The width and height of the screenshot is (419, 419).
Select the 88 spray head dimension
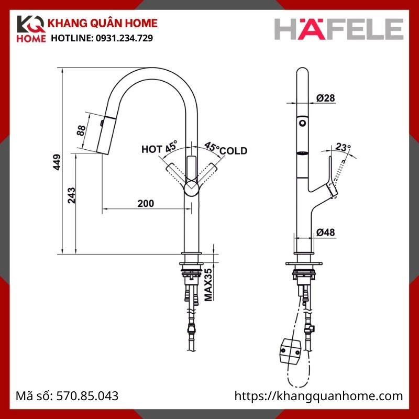(81, 130)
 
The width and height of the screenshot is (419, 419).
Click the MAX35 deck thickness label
(208, 284)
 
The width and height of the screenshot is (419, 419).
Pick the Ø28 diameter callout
(326, 97)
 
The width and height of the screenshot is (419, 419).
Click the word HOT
(152, 149)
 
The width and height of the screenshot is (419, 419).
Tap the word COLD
(233, 151)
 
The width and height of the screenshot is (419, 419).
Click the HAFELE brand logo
(339, 29)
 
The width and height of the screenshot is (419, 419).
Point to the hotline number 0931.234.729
(123, 38)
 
